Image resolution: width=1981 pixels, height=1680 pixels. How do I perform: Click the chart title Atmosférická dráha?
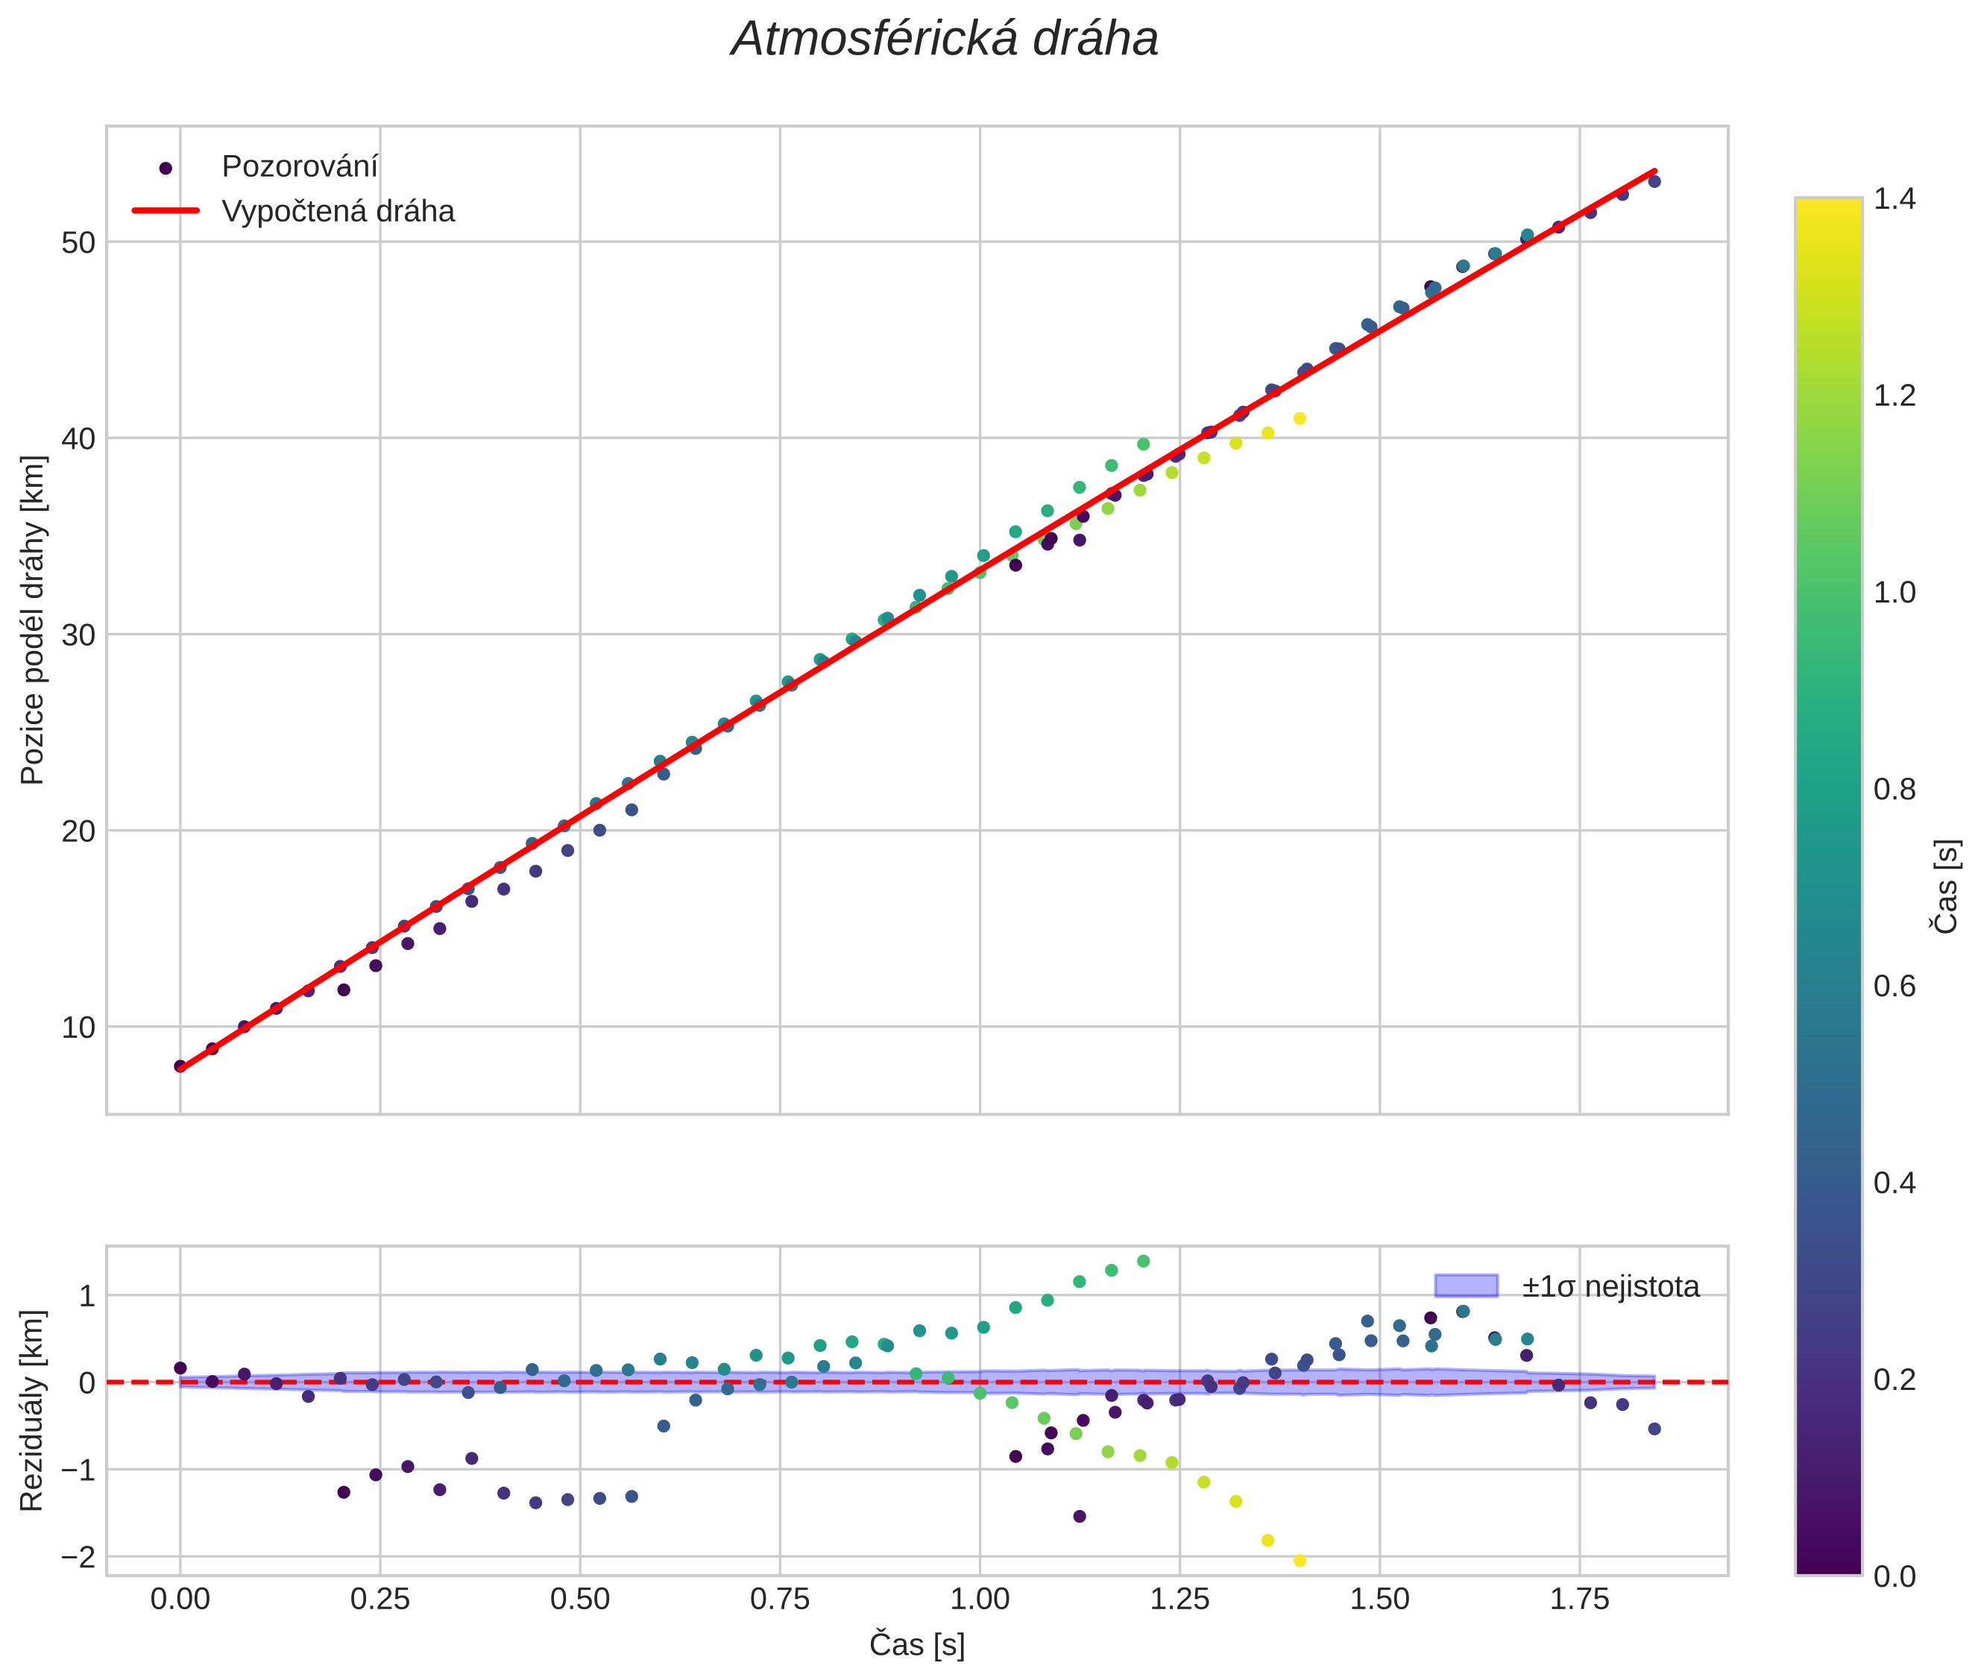pos(944,40)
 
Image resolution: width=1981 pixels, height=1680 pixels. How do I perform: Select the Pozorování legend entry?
pos(299,167)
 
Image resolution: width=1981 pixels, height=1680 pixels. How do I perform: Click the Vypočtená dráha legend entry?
pos(337,212)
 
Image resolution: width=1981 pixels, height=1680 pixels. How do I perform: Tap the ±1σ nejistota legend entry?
pos(1609,1287)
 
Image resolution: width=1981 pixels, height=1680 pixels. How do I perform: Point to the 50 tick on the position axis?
pos(79,243)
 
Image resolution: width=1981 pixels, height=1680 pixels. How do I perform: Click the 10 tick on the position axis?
pos(79,1028)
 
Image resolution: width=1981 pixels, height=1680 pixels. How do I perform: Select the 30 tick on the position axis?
pos(79,635)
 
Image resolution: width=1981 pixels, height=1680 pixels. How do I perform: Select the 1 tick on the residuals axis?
pos(86,1296)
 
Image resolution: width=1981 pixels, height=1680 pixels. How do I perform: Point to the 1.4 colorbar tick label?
pos(1895,199)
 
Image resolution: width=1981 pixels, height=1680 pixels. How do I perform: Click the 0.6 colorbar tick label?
pos(1895,986)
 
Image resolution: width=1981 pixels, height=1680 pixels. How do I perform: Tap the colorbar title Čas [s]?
pos(1947,887)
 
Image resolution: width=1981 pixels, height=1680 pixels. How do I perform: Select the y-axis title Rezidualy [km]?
pos(34,1412)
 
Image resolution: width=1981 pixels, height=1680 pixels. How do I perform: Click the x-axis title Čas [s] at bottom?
pos(916,1645)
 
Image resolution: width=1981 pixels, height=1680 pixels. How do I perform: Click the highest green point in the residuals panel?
pos(1143,1261)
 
